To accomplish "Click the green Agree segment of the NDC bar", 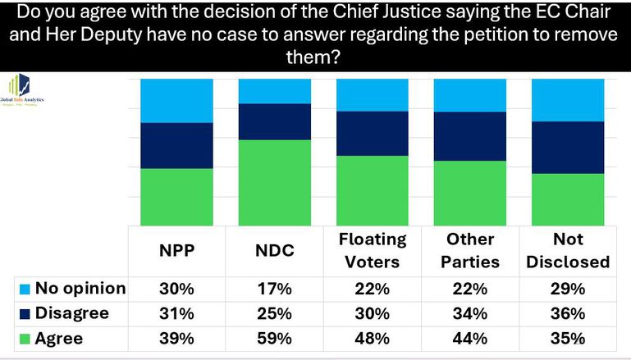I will pyautogui.click(x=274, y=182).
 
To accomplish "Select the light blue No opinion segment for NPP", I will pyautogui.click(x=177, y=100).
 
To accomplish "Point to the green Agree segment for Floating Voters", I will pyautogui.click(x=372, y=190).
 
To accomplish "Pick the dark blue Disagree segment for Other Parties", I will pyautogui.click(x=469, y=136).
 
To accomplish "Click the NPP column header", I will pyautogui.click(x=177, y=250).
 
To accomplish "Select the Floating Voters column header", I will pyautogui.click(x=372, y=250).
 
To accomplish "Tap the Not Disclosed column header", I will pyautogui.click(x=568, y=250).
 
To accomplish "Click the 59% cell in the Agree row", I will pyautogui.click(x=274, y=338).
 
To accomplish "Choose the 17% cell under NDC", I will pyautogui.click(x=274, y=288).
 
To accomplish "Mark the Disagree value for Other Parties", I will pyautogui.click(x=469, y=313).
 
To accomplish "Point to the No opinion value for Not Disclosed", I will pyautogui.click(x=568, y=288).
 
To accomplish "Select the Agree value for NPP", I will pyautogui.click(x=177, y=338).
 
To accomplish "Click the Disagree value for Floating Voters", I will pyautogui.click(x=372, y=313).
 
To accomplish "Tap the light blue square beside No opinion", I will pyautogui.click(x=24, y=289).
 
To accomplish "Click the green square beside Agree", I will pyautogui.click(x=24, y=338).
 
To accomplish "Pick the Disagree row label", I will pyautogui.click(x=72, y=313).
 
